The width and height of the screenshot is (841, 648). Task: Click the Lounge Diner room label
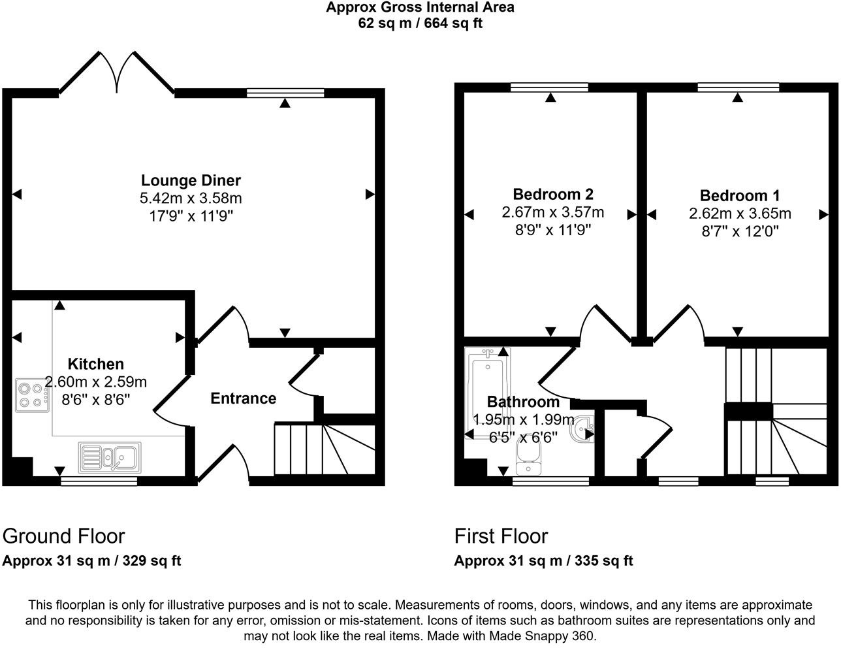(x=191, y=180)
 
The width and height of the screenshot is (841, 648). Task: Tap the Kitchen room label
(x=96, y=364)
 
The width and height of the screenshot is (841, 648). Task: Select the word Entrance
(x=243, y=398)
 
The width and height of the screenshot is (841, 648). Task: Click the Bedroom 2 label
(x=552, y=194)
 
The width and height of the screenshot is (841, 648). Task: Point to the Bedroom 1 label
(x=739, y=195)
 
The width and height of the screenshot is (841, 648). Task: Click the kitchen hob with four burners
(x=31, y=395)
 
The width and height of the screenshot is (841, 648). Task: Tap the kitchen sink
(x=110, y=457)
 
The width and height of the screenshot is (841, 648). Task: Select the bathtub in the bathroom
(x=486, y=392)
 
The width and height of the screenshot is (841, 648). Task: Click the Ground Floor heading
(x=63, y=536)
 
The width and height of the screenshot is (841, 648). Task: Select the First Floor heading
(x=501, y=536)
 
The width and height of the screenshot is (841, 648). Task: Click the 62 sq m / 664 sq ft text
(x=420, y=24)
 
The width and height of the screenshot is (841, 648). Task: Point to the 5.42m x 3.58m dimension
(x=191, y=198)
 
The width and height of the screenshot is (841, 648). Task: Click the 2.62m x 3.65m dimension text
(x=739, y=213)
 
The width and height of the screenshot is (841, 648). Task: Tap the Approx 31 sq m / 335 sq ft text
(x=543, y=560)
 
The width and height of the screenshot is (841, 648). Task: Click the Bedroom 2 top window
(x=550, y=87)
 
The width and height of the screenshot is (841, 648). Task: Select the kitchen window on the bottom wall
(x=99, y=481)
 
